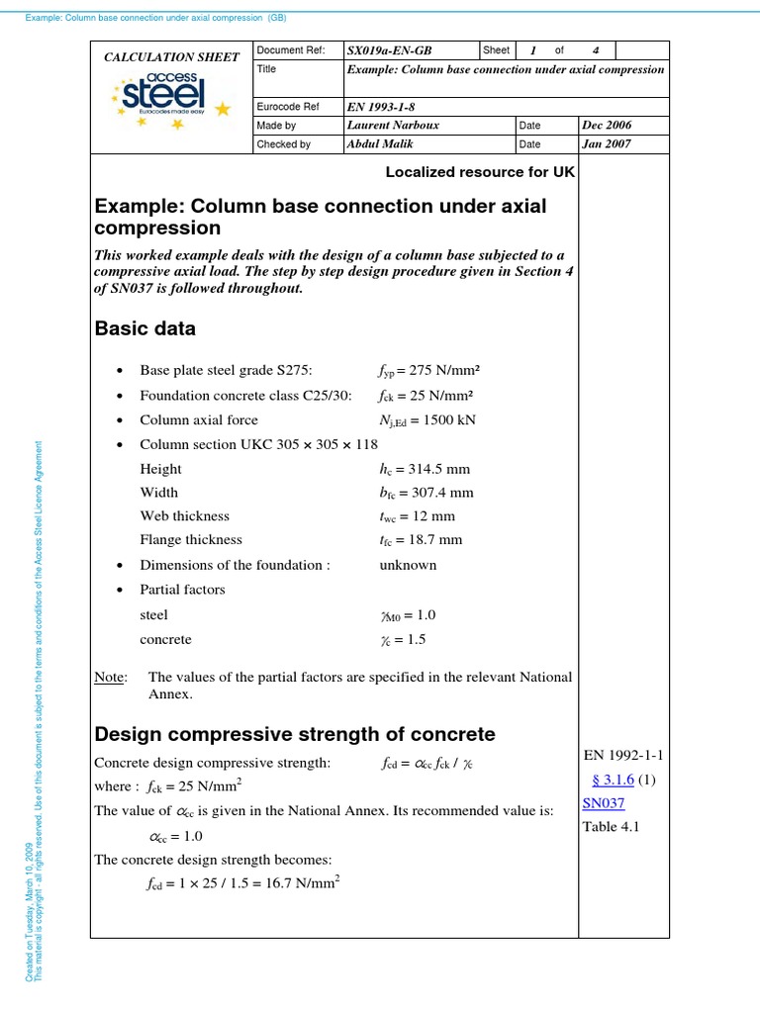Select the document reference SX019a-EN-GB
389,50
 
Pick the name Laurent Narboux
394,126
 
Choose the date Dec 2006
607,126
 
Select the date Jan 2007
607,144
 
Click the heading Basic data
144,328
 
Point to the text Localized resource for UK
480,171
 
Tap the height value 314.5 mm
421,469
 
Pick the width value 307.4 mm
427,493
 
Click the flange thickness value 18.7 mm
421,541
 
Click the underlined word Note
110,678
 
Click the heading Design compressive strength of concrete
294,734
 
